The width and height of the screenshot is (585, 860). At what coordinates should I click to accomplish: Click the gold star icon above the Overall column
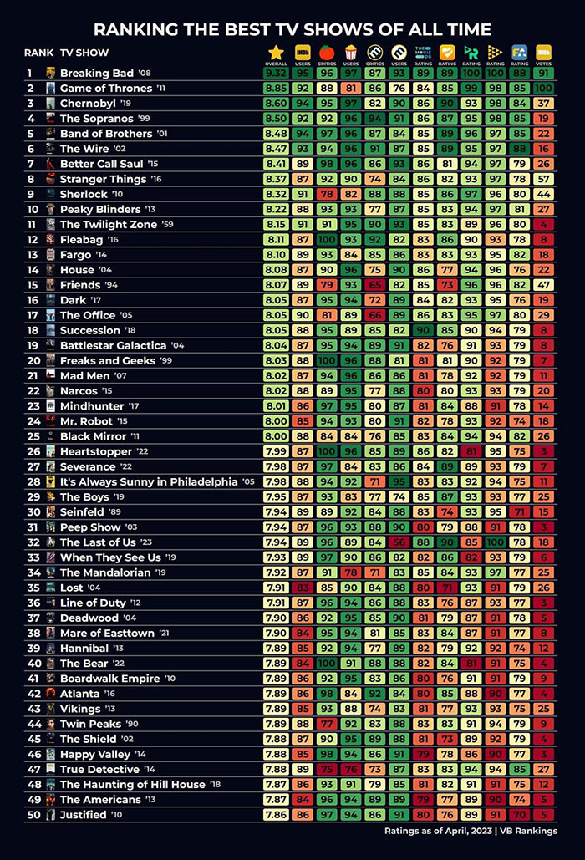point(276,52)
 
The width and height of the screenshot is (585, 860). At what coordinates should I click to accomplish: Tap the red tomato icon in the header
point(326,52)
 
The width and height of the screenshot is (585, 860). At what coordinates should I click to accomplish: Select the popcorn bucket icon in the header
point(350,52)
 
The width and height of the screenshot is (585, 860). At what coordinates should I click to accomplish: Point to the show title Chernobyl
point(87,104)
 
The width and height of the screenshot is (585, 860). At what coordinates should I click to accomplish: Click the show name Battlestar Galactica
point(113,345)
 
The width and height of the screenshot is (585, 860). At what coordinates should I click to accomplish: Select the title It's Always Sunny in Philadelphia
point(148,481)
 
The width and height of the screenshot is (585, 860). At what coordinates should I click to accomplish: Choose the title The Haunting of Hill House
point(132,784)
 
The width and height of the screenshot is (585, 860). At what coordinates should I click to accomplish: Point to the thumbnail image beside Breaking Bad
point(51,73)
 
